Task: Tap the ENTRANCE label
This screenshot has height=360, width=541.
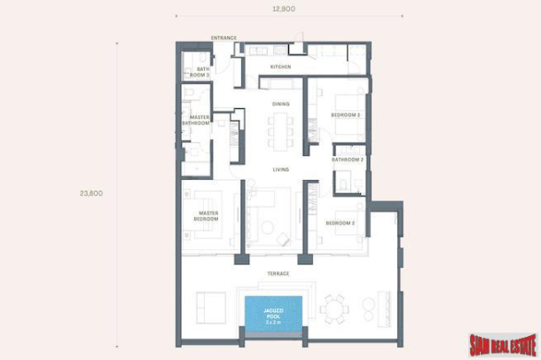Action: [x=223, y=37]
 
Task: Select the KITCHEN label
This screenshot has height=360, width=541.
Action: [x=280, y=67]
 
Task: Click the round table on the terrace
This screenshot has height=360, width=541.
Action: [x=334, y=309]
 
